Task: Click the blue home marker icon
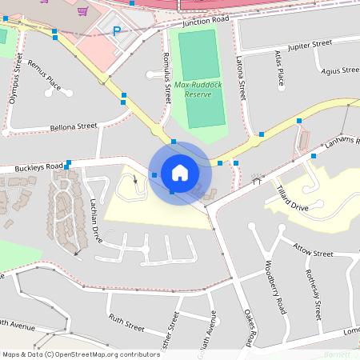pyautogui.click(x=179, y=172)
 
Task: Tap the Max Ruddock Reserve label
pyautogui.click(x=192, y=89)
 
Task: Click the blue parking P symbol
pyautogui.click(x=117, y=32)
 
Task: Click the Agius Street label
pyautogui.click(x=338, y=70)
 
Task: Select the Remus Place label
pyautogui.click(x=44, y=74)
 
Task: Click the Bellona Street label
pyautogui.click(x=73, y=126)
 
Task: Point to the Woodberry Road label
pyautogui.click(x=276, y=287)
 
